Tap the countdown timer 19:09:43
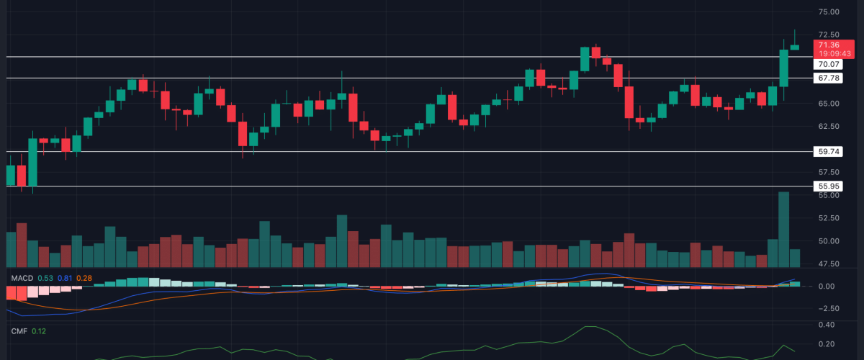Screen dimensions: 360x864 click(833, 53)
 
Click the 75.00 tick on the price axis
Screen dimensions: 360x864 click(829, 12)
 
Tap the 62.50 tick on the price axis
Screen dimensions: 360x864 click(829, 127)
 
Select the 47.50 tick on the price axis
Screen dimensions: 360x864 click(829, 264)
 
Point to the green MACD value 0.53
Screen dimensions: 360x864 click(45, 278)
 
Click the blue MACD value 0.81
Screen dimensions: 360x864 click(65, 278)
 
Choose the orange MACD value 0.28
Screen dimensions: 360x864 click(84, 278)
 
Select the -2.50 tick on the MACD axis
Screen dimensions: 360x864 click(827, 308)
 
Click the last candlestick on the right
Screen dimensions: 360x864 click(795, 47)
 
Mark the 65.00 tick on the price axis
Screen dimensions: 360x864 click(829, 104)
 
